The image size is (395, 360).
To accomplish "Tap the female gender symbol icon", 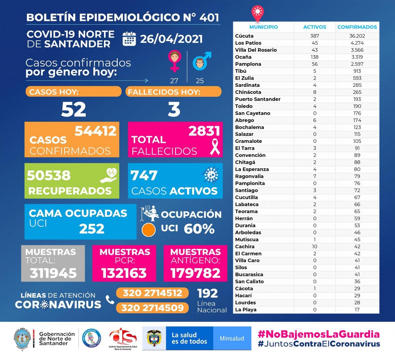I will coord(174,61).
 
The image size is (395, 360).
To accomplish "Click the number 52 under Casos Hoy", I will coord(74,109).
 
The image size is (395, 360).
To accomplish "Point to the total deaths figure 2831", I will coord(204,131).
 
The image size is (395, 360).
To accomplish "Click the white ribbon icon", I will coord(215,146).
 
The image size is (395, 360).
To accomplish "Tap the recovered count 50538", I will coord(49,175).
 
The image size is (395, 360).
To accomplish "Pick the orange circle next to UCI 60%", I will coord(149,230).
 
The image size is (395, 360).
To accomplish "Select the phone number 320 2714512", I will coord(152,293).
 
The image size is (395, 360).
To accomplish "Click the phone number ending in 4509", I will coord(152,308).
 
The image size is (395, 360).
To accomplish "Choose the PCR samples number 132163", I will coord(124,273).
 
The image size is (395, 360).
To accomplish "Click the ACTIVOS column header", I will coord(315,27).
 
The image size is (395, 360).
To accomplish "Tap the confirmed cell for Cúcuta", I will coord(357,36).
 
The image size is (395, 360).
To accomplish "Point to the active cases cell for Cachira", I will coord(315,247).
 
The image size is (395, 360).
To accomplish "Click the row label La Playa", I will coord(246,310).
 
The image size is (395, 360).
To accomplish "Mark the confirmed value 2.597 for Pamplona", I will coord(357,64).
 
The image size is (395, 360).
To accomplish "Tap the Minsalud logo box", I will coord(232,338).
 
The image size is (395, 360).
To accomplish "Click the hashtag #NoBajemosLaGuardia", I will coord(319,334).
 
